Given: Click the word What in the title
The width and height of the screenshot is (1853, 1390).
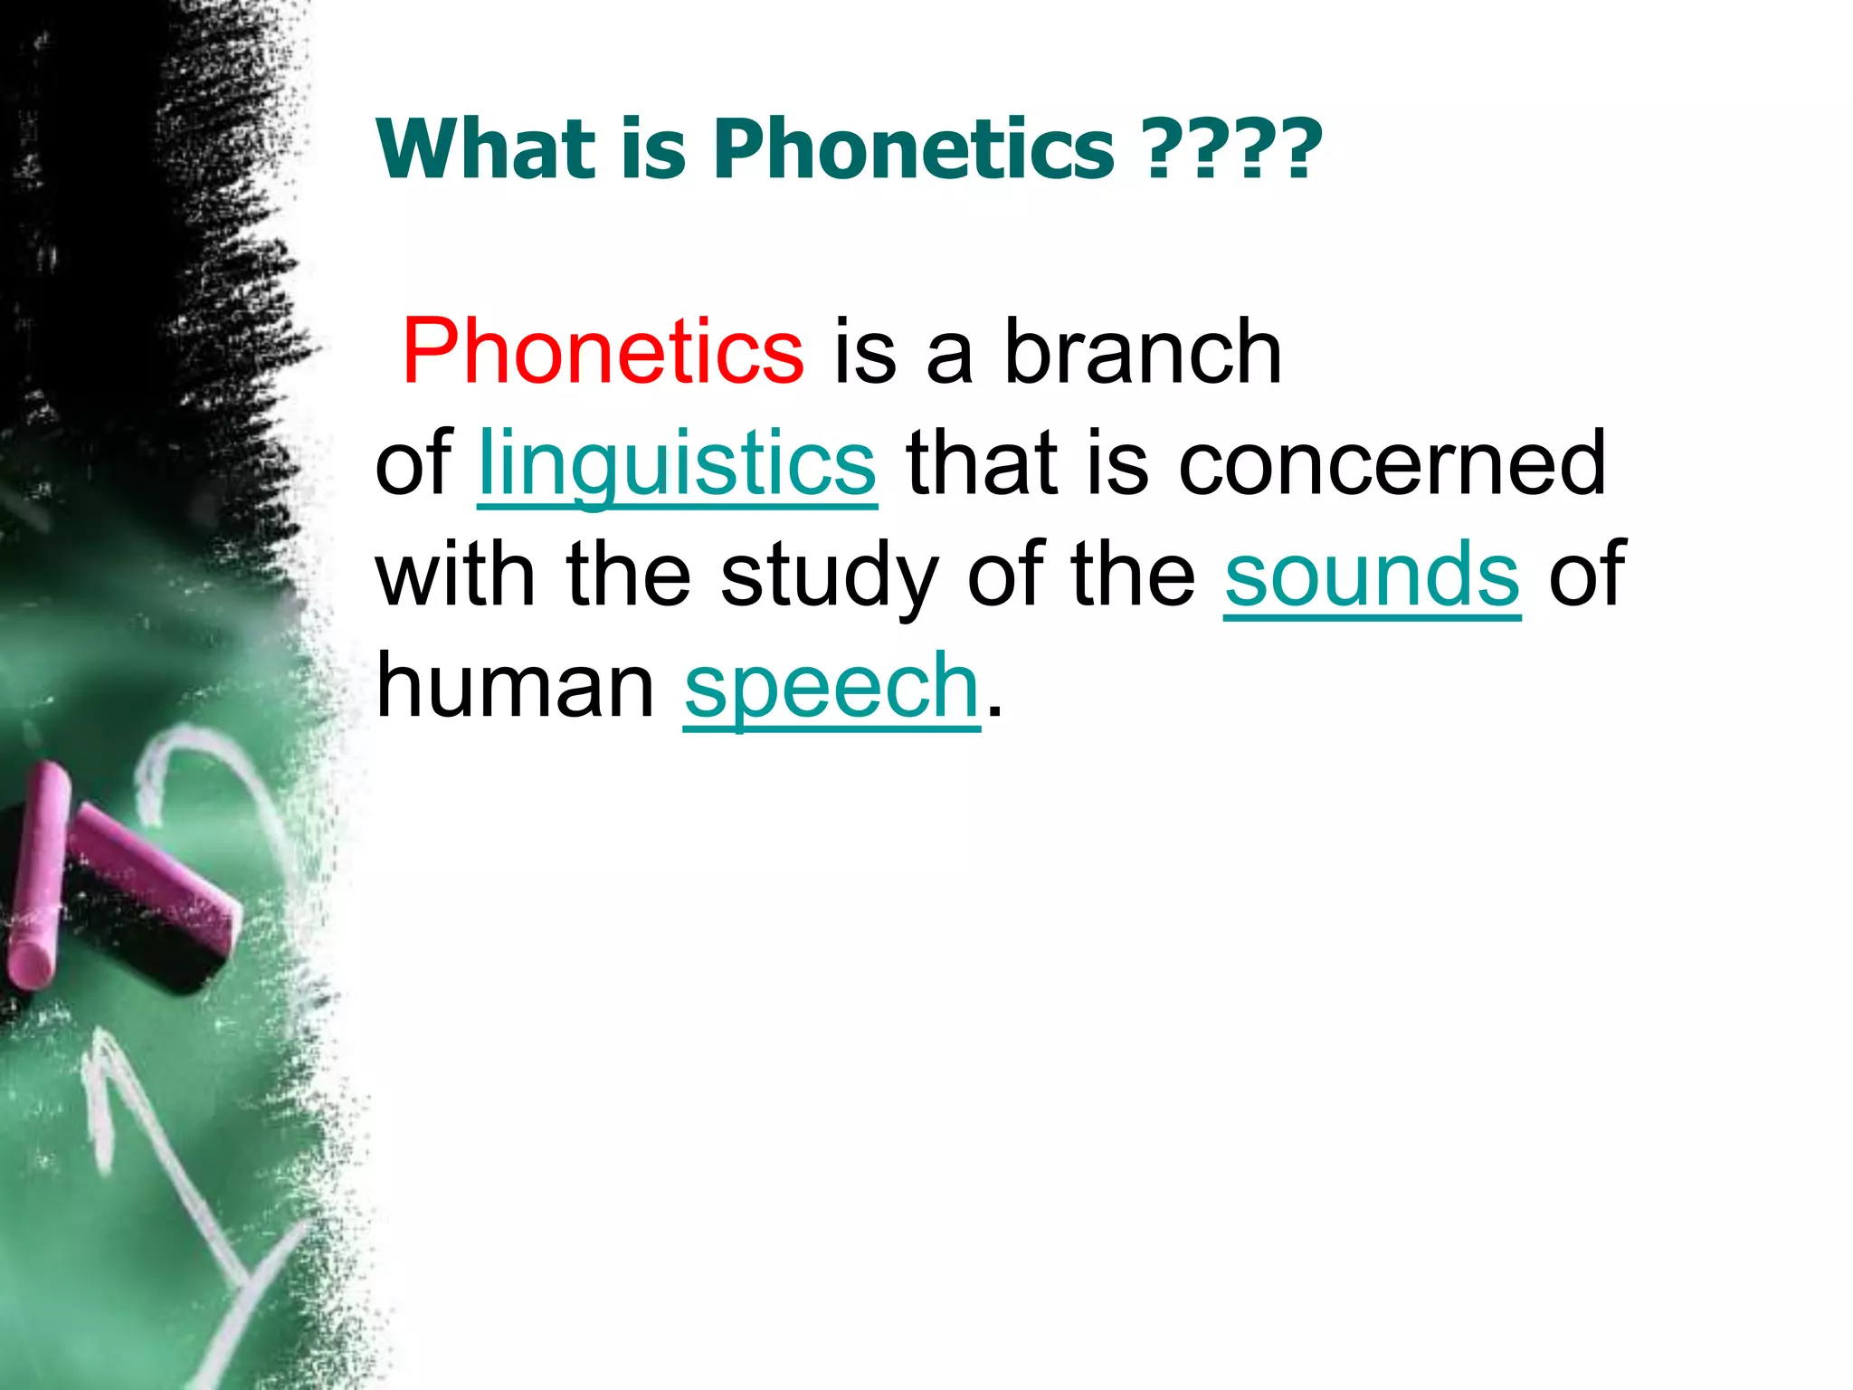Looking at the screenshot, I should coord(484,149).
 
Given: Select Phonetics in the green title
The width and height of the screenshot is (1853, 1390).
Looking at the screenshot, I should coord(914,149).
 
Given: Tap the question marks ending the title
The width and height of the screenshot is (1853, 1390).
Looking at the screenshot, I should coord(1232,149).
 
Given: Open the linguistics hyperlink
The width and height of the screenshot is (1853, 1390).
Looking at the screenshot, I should coord(677,463).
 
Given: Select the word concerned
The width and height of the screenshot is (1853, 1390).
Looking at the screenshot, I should coord(1392,463).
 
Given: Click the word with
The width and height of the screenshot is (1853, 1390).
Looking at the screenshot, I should coord(455,574).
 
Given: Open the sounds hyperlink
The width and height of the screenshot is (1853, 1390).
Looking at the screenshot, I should coord(1372,574).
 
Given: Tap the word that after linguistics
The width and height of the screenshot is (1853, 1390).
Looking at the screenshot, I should coord(982,463).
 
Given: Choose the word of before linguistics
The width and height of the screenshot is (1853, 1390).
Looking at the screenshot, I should coord(413,463).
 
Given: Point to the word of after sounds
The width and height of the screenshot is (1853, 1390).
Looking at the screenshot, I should coord(1587,574).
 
